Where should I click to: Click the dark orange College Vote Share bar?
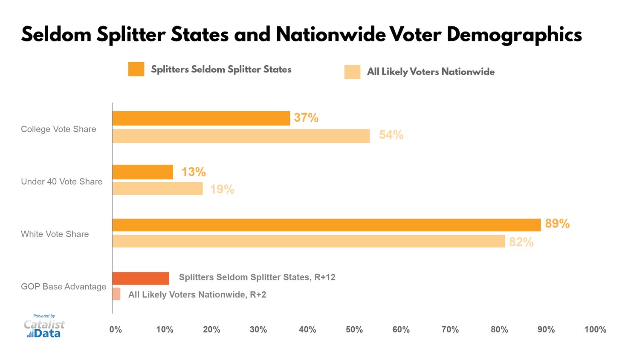201,118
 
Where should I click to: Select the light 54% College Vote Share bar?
241,136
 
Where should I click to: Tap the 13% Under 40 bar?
143,172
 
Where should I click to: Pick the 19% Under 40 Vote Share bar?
157,189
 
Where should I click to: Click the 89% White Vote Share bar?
326,225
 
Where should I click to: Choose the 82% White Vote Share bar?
309,241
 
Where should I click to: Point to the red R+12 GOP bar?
141,279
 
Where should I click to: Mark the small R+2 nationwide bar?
116,294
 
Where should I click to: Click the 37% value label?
306,118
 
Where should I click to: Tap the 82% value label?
521,242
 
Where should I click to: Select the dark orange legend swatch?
136,69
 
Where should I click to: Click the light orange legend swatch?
352,72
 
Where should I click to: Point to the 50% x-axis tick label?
354,330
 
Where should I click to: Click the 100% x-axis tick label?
595,330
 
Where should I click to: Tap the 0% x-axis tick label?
116,330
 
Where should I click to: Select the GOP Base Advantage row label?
64,287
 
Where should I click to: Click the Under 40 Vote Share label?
62,181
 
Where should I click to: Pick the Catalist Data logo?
44,327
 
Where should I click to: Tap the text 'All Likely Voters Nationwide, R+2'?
197,295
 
